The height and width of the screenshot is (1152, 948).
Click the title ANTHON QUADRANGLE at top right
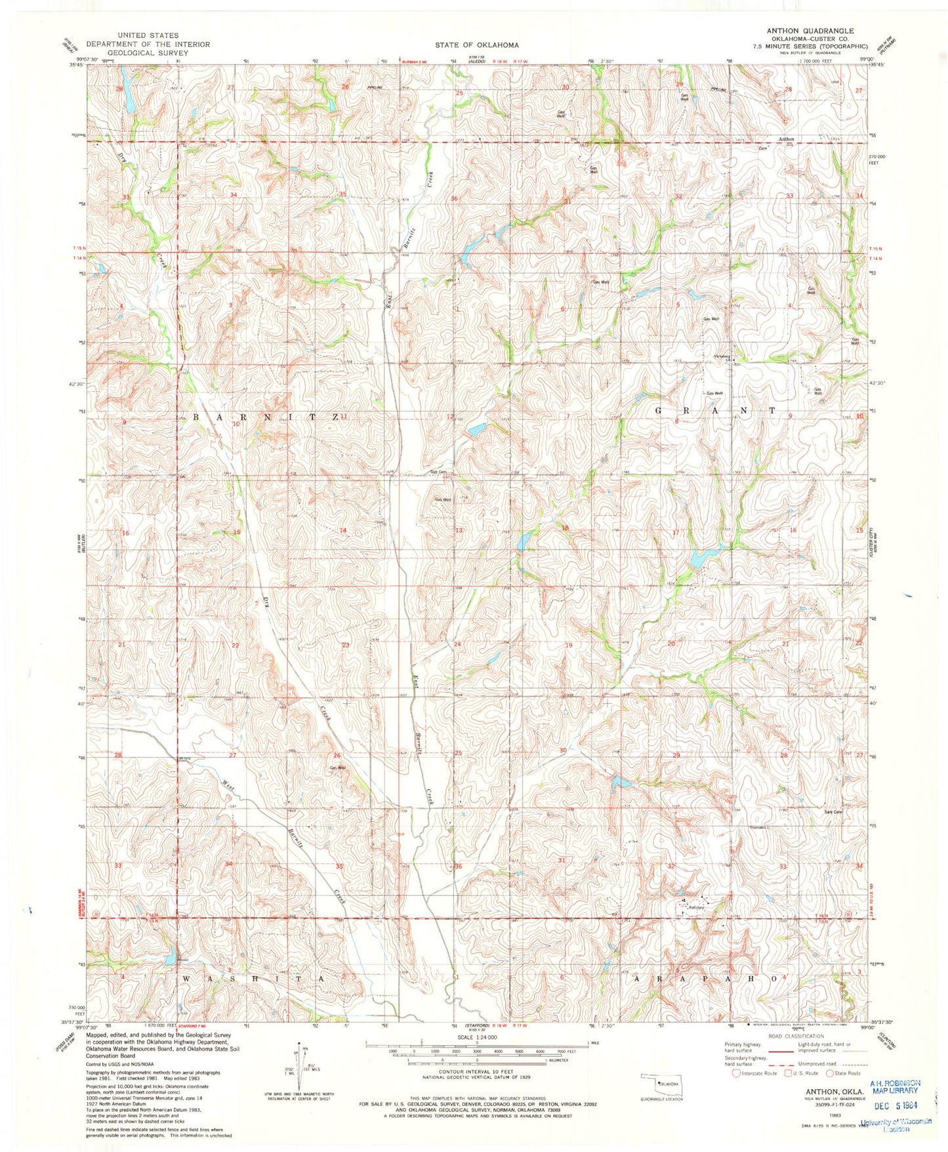[x=812, y=31]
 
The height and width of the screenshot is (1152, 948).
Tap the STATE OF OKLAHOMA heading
[x=477, y=45]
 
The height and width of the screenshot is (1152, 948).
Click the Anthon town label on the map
[x=786, y=139]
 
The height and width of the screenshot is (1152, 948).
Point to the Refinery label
[x=696, y=908]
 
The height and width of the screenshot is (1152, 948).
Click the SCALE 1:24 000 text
[x=476, y=1037]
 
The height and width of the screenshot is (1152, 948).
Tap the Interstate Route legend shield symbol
[x=737, y=1074]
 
